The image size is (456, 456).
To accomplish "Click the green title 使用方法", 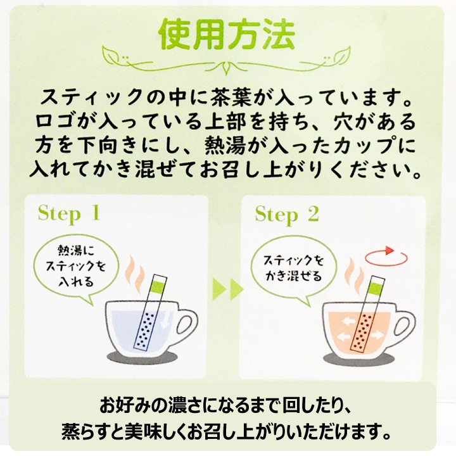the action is click(227, 34).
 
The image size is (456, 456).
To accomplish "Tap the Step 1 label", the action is click(69, 214).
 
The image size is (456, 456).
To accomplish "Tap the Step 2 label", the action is click(287, 215).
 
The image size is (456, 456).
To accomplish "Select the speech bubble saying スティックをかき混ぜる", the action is click(293, 269).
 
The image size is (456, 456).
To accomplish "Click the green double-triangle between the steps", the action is click(228, 289).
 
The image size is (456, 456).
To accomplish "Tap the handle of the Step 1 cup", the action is click(186, 324).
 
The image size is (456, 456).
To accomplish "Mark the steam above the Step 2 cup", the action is click(353, 275).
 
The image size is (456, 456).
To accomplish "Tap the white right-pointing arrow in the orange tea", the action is click(377, 335).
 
